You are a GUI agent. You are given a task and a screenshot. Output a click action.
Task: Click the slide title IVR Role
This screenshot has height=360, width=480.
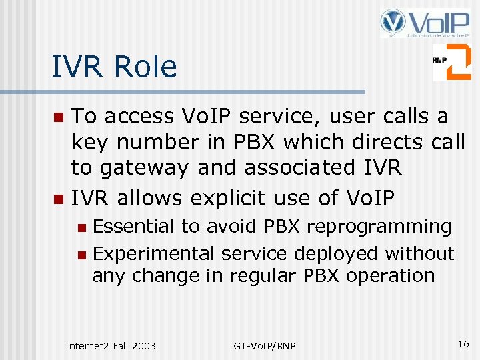coord(115,67)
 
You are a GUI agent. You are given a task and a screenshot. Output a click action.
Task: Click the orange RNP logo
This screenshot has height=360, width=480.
coord(451,62)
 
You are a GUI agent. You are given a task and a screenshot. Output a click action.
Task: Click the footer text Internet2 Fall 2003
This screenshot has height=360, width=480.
coord(110,345)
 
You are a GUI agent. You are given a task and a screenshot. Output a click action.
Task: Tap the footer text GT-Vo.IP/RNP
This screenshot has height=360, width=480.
coord(265,345)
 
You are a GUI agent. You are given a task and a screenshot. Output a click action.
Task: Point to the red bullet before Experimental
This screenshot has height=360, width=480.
coord(81,255)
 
